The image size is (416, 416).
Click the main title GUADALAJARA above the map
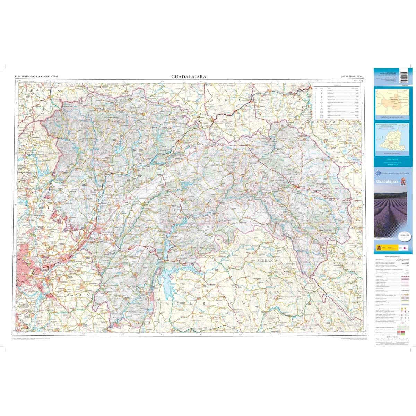click(x=189, y=77)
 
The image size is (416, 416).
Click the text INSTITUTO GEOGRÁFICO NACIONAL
click(x=36, y=77)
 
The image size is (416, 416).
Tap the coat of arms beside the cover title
click(x=403, y=182)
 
